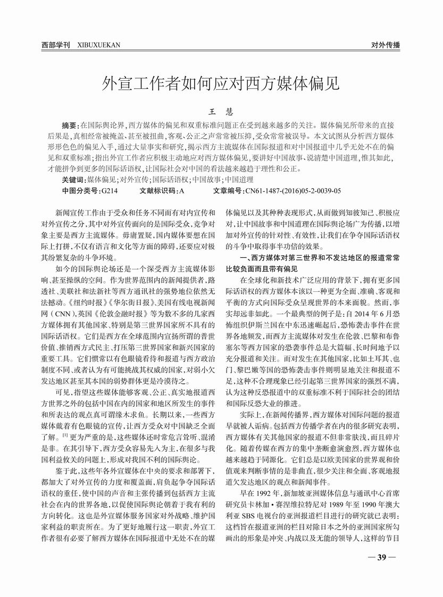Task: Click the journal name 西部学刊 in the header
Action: pos(56,45)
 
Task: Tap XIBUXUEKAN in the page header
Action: pos(99,45)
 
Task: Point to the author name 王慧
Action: pos(221,113)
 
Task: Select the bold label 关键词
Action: pos(74,180)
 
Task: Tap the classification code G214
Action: pos(108,190)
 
